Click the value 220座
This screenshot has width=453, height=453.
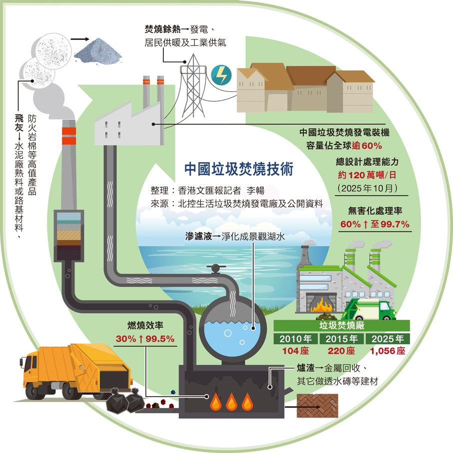341,351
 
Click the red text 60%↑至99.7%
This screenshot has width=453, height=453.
375,224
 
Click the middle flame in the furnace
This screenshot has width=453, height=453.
231,401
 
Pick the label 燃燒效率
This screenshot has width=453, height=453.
145,326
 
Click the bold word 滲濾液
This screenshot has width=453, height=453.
197,237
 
